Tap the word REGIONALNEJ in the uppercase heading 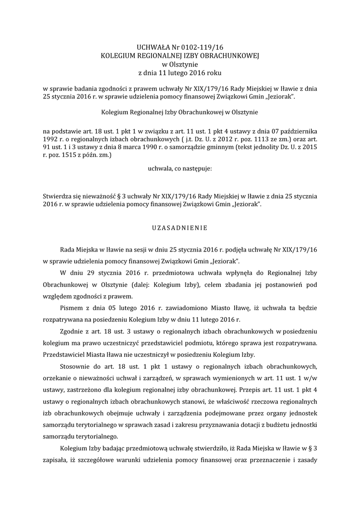161,56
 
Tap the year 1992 51,140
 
